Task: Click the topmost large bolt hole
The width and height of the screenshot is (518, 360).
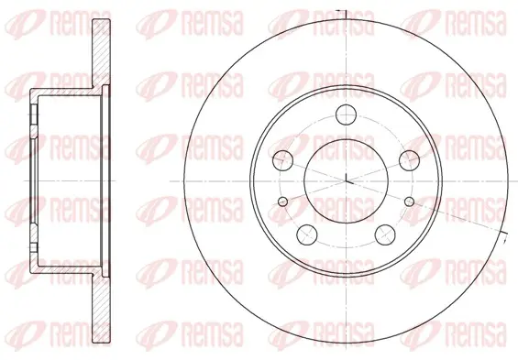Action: pos(347,115)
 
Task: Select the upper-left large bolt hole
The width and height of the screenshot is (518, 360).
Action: pos(282,160)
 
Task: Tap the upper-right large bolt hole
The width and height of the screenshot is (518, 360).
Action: pos(409,160)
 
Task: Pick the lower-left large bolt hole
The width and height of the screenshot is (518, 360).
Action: pos(307,235)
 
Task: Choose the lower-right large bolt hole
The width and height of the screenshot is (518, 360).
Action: pos(385,235)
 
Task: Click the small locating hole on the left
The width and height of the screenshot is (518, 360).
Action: pos(283,202)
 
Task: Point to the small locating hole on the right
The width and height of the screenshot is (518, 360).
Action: pos(409,202)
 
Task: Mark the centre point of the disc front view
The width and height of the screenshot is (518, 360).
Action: pos(346,181)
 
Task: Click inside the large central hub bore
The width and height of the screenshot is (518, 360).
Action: pos(346,181)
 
